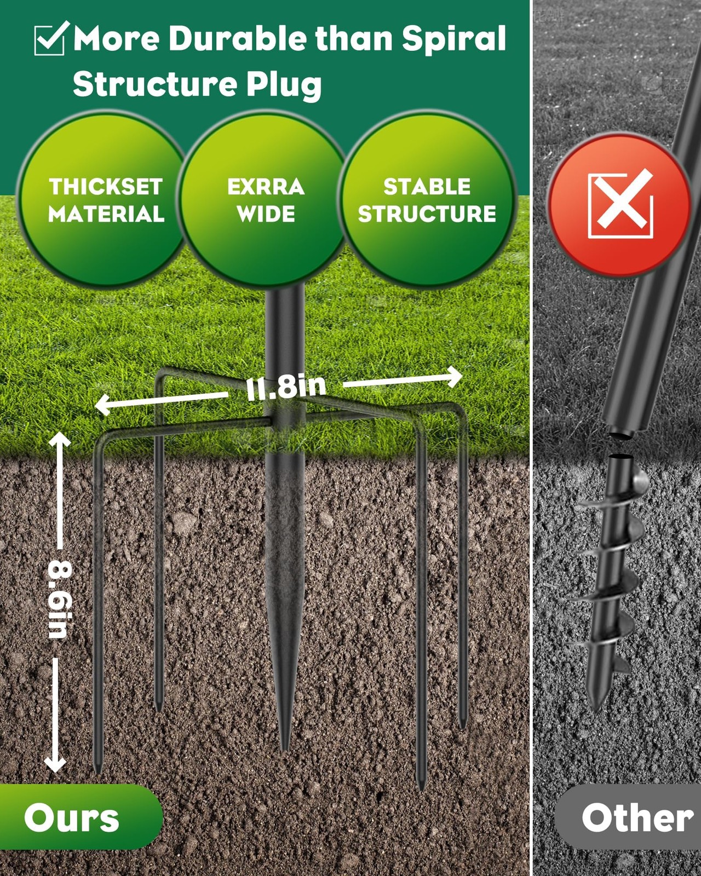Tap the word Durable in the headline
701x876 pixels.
(238, 38)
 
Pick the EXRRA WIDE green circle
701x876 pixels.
(266, 199)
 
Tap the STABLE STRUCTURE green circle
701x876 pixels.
(427, 199)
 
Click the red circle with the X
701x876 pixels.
(619, 204)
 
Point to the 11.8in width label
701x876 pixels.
(286, 387)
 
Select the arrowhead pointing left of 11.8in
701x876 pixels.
(103, 405)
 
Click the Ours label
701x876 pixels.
(72, 818)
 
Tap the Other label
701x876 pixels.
(637, 818)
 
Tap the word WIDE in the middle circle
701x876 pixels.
(266, 214)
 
